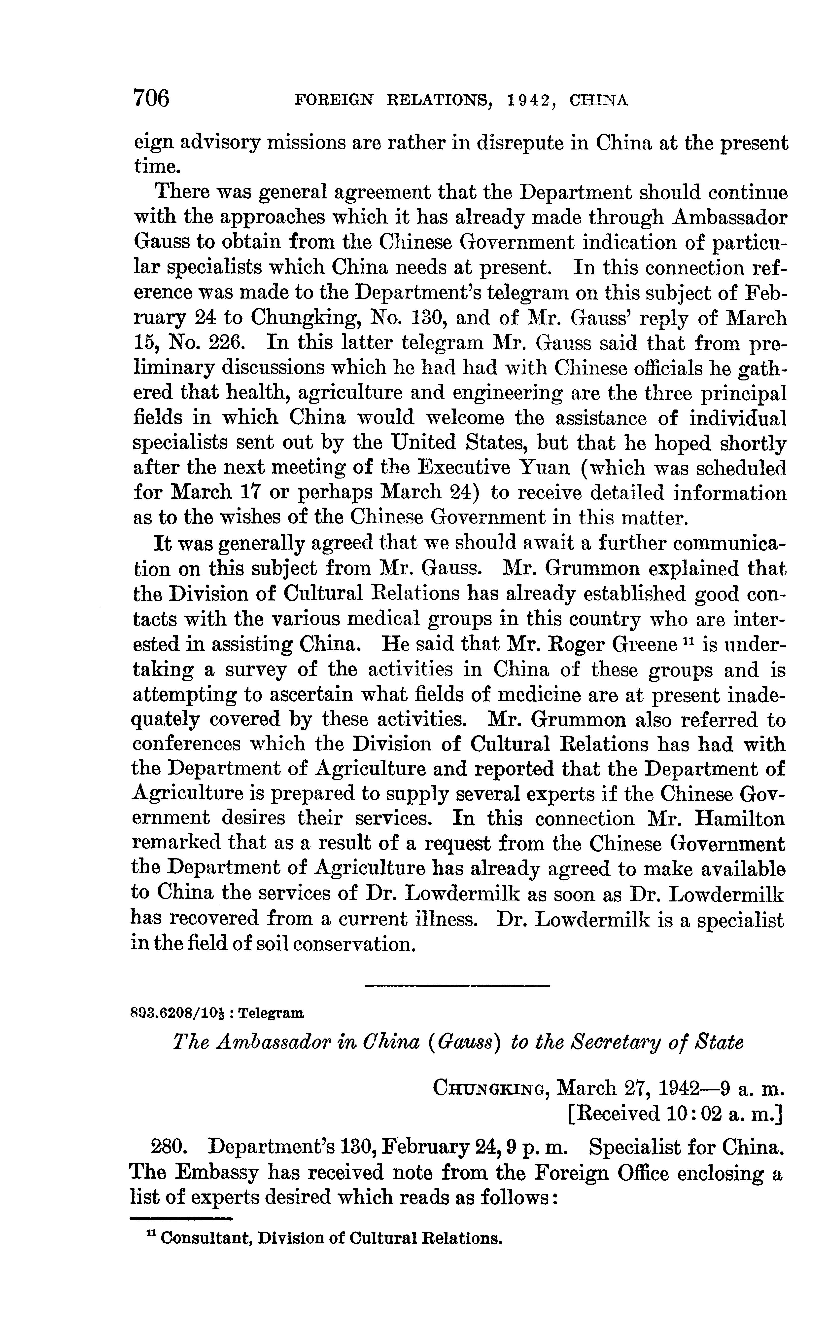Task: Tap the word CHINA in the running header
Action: coord(598,101)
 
